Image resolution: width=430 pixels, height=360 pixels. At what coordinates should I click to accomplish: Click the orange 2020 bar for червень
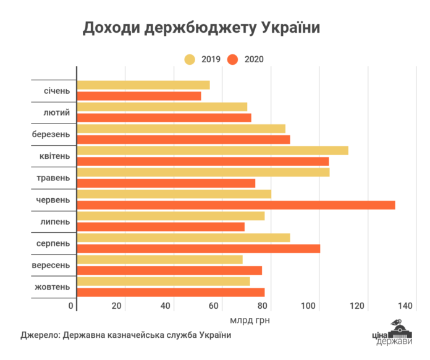pyautogui.click(x=235, y=205)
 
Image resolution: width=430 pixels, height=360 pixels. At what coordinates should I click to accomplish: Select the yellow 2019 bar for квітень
pyautogui.click(x=213, y=151)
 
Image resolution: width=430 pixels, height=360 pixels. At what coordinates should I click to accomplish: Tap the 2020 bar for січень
pyautogui.click(x=139, y=96)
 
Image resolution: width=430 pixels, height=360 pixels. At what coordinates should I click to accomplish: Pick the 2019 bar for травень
pyautogui.click(x=203, y=172)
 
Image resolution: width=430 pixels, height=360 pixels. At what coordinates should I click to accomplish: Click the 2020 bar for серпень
pyautogui.click(x=198, y=248)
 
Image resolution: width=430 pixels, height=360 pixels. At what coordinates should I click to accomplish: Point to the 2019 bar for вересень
pyautogui.click(x=159, y=259)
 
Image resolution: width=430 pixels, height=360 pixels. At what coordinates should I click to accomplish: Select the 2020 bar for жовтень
pyautogui.click(x=171, y=292)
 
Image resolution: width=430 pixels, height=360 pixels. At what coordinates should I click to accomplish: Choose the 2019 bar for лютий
pyautogui.click(x=162, y=107)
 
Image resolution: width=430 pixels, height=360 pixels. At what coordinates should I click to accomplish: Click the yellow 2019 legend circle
pyautogui.click(x=190, y=59)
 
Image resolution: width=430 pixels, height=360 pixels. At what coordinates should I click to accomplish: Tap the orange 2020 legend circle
pyautogui.click(x=232, y=59)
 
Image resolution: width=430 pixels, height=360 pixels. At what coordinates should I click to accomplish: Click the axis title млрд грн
pyautogui.click(x=250, y=320)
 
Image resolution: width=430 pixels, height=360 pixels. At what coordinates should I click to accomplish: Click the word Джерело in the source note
pyautogui.click(x=38, y=335)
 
